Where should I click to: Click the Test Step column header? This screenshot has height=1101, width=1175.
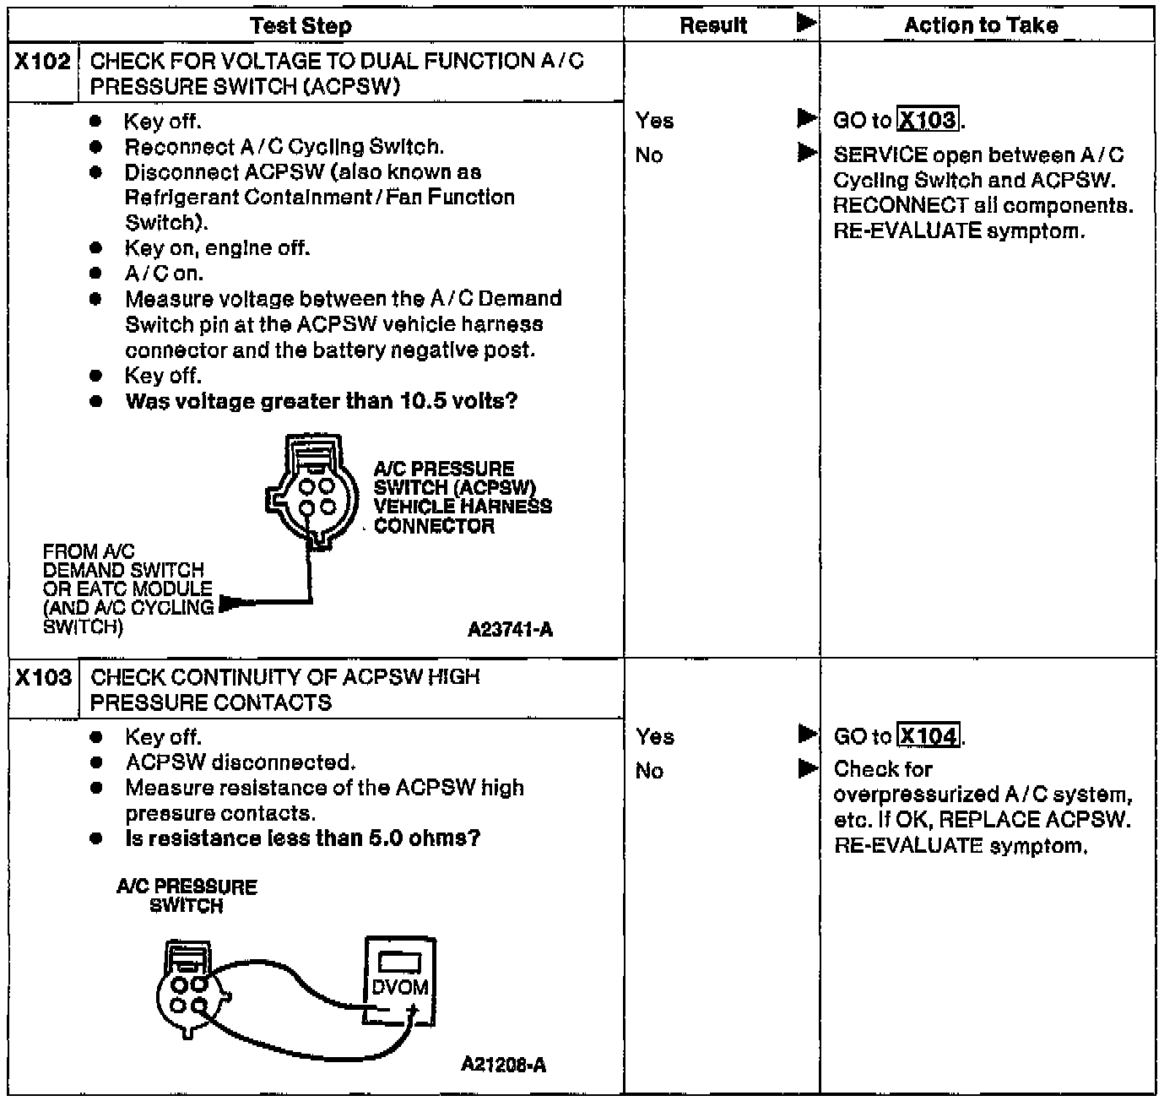[301, 25]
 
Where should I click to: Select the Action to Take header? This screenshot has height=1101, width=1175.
[981, 25]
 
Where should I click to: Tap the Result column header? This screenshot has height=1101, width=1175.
[713, 25]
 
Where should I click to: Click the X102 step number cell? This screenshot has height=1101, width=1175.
[43, 62]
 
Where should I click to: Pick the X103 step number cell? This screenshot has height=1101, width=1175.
[43, 678]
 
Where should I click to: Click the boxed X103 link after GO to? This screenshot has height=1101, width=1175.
[929, 121]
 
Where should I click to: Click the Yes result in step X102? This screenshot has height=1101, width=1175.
[655, 121]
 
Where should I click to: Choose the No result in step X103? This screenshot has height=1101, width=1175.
[649, 771]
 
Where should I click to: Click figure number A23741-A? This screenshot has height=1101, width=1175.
[510, 630]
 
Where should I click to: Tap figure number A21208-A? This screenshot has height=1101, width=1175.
[503, 1064]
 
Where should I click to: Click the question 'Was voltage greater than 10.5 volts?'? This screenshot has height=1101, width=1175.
[321, 401]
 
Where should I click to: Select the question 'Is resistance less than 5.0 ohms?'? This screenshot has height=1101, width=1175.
[302, 838]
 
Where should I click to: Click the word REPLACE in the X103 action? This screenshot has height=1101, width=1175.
[989, 820]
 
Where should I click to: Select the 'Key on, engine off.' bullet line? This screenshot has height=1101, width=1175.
[217, 248]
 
